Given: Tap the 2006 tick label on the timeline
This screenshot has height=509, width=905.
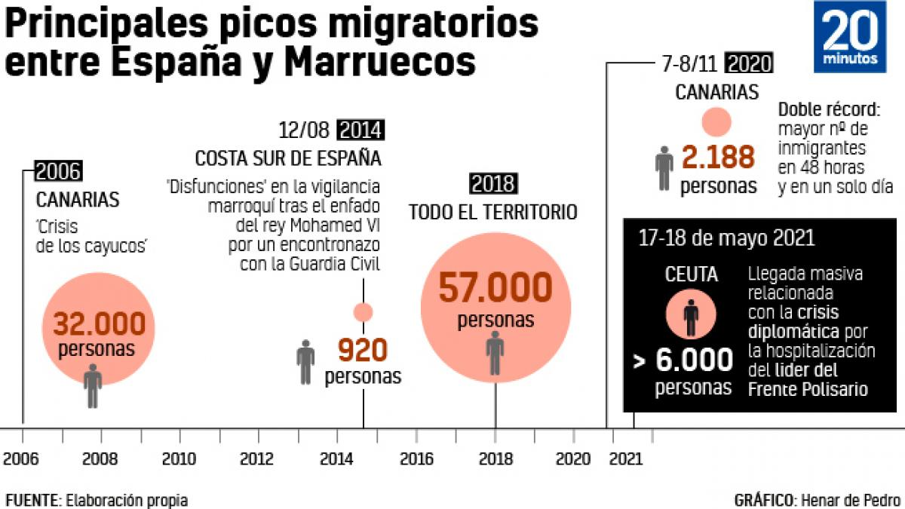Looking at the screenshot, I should pyautogui.click(x=23, y=458).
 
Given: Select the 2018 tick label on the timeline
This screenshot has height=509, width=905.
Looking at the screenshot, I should pyautogui.click(x=495, y=458).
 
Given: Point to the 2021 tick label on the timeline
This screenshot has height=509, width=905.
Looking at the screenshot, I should pyautogui.click(x=625, y=458).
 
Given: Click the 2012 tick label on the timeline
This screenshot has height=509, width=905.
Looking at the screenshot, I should pyautogui.click(x=258, y=458).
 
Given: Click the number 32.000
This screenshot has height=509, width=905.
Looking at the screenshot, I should pyautogui.click(x=99, y=323).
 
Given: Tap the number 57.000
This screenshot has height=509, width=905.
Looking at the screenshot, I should pyautogui.click(x=495, y=289).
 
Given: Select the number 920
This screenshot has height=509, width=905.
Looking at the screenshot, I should pyautogui.click(x=362, y=350).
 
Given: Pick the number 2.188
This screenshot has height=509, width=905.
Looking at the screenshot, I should pyautogui.click(x=718, y=158).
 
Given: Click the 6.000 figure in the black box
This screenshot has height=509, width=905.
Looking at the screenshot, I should pyautogui.click(x=694, y=360).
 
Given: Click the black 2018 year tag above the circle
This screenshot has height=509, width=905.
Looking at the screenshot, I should pyautogui.click(x=494, y=183).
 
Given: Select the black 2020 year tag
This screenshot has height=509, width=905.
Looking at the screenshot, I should pyautogui.click(x=751, y=63).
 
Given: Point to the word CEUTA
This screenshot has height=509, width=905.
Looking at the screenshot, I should pyautogui.click(x=691, y=275).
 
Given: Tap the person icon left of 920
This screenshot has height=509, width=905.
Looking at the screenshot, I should pyautogui.click(x=305, y=361).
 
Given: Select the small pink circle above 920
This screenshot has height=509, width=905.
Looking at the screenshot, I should pyautogui.click(x=363, y=311).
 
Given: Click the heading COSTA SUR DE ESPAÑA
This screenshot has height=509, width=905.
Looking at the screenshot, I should pyautogui.click(x=287, y=159).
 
